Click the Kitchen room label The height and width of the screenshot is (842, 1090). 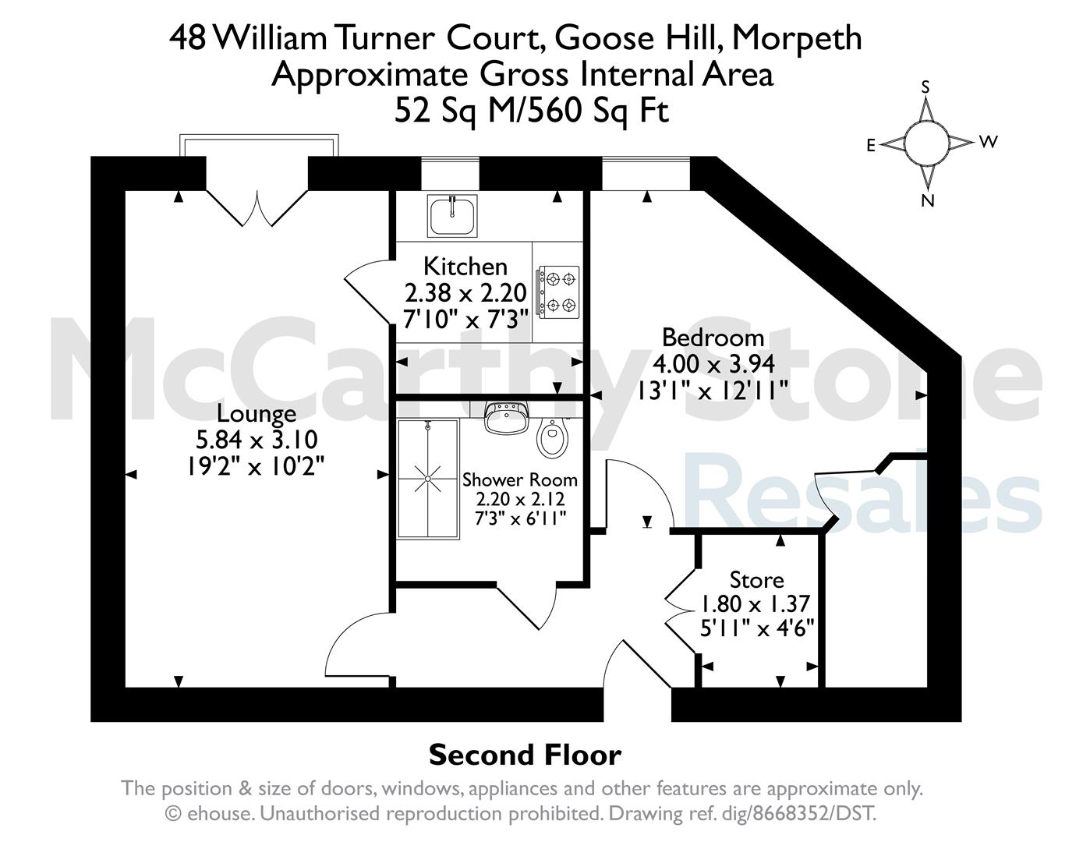coord(465,267)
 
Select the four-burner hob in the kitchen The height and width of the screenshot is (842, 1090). coord(557,292)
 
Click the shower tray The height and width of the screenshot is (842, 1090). coord(428,479)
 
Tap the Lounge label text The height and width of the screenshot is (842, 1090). coord(257,414)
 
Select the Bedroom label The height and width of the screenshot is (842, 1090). coord(713,338)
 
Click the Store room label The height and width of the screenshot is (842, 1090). coord(756,580)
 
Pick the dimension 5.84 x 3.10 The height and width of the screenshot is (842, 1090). coord(257,440)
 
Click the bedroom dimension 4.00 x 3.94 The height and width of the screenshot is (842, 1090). coord(713,364)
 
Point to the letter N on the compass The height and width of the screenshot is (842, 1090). coord(928,200)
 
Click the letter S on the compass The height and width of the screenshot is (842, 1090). coord(926,87)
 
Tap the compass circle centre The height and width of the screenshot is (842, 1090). coord(927,144)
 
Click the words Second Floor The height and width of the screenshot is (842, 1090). coord(525,755)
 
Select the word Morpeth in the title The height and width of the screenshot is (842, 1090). coord(797,39)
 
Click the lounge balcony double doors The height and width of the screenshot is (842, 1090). coord(257,207)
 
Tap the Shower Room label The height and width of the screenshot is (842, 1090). coord(520,480)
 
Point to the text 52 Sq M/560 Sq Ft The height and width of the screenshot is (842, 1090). coord(532,111)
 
